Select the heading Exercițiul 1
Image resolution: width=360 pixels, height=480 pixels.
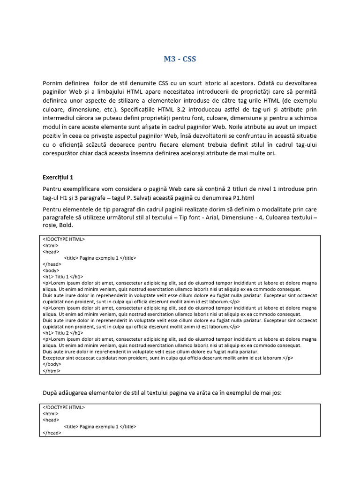pos(58,178)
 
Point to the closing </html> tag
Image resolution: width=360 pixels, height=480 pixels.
pos(52,370)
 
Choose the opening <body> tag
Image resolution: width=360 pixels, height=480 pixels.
pos(51,270)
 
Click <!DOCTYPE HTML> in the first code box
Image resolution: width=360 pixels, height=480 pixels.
pos(64,239)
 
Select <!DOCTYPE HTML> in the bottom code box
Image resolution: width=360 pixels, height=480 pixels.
pos(64,407)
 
